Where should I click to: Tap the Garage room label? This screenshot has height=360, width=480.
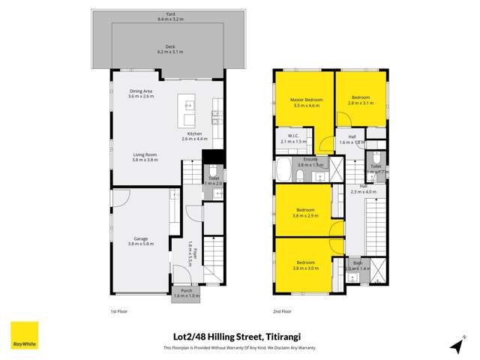point(137,239)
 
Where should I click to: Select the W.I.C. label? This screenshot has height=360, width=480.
point(289,136)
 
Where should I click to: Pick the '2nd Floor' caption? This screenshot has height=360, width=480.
point(283,309)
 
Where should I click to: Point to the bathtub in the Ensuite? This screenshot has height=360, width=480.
point(284,169)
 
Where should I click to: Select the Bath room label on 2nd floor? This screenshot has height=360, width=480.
point(358,263)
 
